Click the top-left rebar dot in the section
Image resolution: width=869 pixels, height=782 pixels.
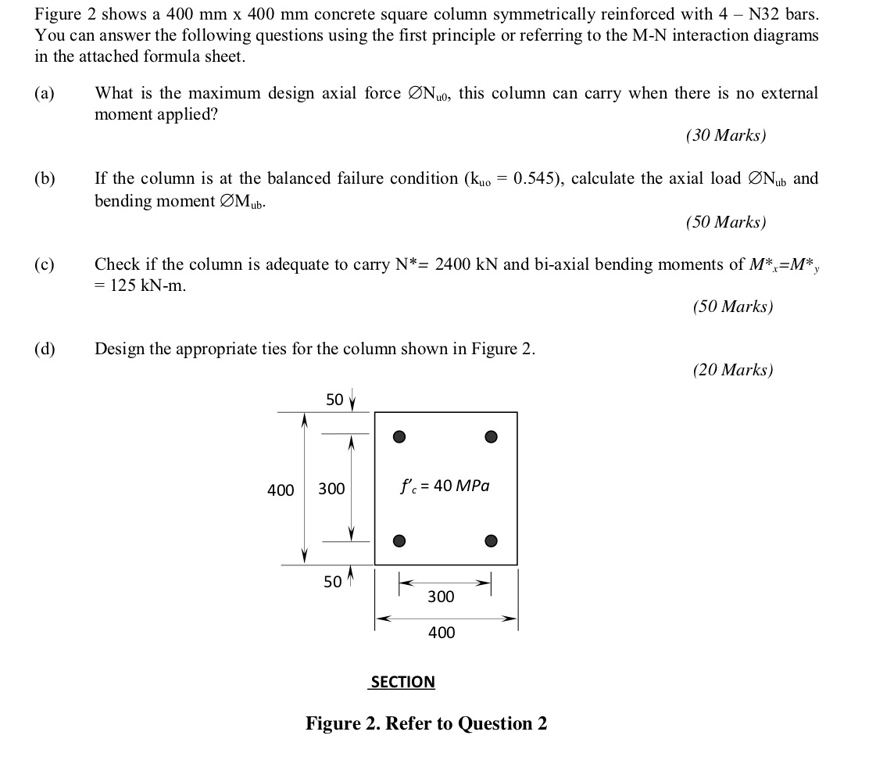pos(399,436)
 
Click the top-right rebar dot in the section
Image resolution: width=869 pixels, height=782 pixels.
pos(491,436)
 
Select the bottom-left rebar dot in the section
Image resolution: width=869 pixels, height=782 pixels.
pos(399,540)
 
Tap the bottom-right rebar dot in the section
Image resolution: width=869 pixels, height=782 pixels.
pos(491,540)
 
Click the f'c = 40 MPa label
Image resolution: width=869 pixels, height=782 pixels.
pos(445,486)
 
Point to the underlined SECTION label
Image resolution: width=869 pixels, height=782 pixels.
pos(402,682)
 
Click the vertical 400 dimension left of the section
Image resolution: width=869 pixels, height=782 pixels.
pos(281,490)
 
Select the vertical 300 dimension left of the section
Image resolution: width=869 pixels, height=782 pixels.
pos(331,490)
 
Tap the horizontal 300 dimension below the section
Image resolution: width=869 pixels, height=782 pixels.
pos(441,597)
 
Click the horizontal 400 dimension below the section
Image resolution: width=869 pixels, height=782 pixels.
pos(441,632)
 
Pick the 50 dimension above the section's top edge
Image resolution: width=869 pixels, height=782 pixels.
pos(334,400)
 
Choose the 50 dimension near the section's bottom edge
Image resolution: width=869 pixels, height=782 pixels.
pos(333,581)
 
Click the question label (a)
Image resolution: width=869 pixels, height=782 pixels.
pos(45,94)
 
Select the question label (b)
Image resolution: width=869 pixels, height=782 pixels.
pos(45,179)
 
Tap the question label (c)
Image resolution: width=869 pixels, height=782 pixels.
pos(45,264)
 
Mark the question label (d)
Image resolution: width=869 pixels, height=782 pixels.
pos(45,349)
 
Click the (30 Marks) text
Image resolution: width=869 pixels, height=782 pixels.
pos(726,135)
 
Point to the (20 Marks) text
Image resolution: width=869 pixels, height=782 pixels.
pos(733,370)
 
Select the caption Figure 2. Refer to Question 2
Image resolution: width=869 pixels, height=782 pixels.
pos(426,723)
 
